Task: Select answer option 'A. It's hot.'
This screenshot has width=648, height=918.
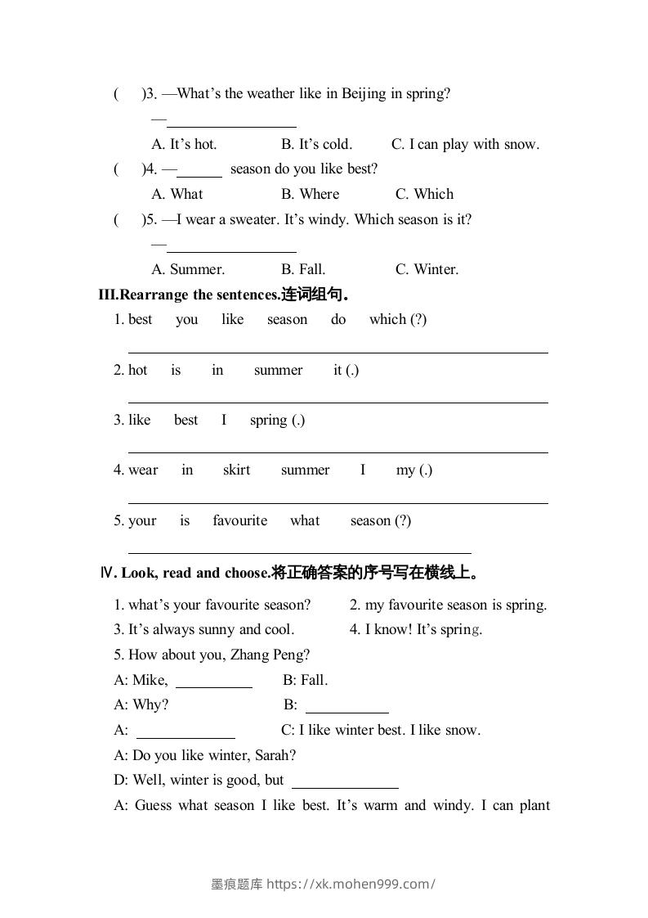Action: [185, 145]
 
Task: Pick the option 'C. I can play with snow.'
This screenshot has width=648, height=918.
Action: [465, 145]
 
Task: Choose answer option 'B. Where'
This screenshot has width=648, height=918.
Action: [310, 195]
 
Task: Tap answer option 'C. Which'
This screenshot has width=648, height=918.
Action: [424, 195]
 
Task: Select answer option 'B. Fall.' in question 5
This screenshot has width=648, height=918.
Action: [303, 270]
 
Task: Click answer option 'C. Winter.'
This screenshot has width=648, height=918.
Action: [427, 270]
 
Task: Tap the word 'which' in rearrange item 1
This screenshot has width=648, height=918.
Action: [387, 320]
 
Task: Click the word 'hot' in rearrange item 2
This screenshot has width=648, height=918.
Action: [138, 371]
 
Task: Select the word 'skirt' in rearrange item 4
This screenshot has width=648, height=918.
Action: [236, 470]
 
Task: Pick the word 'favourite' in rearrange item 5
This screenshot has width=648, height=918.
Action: [239, 521]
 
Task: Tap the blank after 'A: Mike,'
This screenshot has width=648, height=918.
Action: [214, 686]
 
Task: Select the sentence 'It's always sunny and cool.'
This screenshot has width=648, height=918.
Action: [211, 630]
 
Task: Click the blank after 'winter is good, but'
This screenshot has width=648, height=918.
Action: [345, 785]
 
